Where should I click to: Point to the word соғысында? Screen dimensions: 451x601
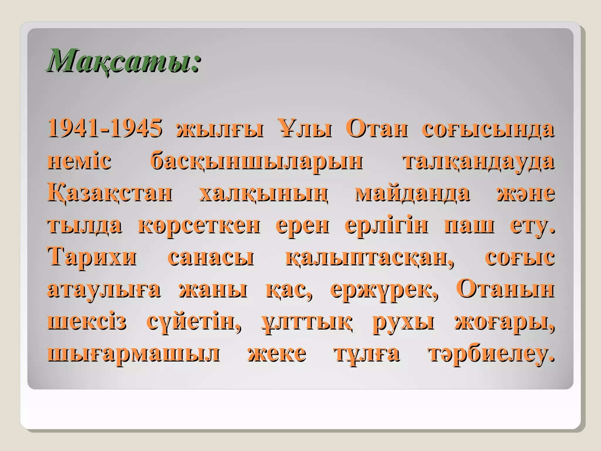[488, 129]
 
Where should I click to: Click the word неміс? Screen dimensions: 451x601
[79, 161]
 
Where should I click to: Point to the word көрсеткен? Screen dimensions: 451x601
[199, 225]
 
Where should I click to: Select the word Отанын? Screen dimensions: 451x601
[505, 290]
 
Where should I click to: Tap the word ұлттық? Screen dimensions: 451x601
[306, 322]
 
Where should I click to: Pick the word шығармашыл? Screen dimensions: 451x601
[134, 354]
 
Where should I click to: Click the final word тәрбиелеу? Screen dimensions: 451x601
[491, 354]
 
